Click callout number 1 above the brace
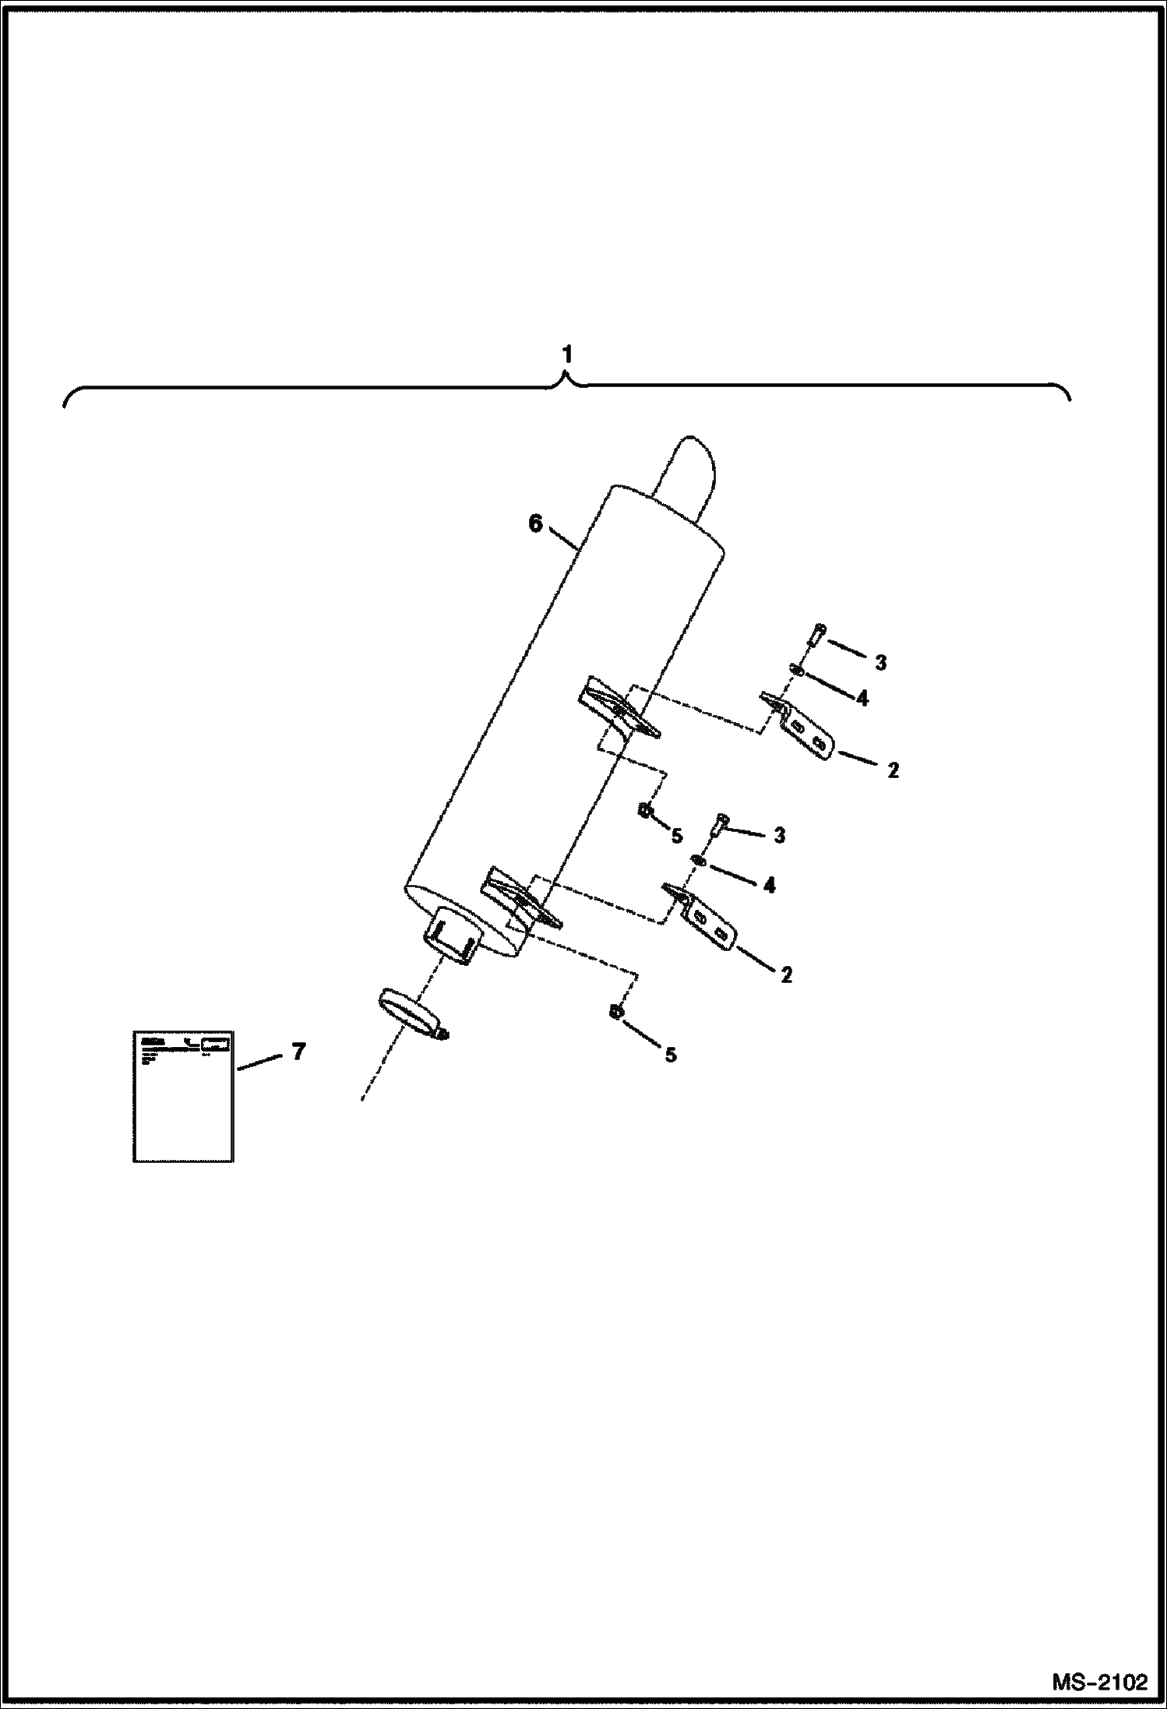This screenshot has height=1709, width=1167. [x=567, y=355]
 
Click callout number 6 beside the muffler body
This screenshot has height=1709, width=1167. [x=535, y=524]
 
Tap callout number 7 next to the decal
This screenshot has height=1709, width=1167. [x=298, y=1052]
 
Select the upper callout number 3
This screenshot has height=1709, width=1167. [x=880, y=663]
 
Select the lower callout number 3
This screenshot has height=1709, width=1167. [x=779, y=836]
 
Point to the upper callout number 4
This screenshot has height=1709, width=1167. [x=862, y=698]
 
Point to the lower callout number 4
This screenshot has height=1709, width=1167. [x=769, y=886]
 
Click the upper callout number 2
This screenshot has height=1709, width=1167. [x=893, y=770]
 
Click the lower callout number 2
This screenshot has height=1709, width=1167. [x=786, y=974]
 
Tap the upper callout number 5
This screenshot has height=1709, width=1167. [x=676, y=836]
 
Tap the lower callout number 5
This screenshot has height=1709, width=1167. [x=670, y=1055]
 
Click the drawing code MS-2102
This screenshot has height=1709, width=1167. [x=1100, y=1682]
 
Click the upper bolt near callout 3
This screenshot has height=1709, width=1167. [x=815, y=636]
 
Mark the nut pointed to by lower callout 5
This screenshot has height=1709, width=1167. [x=615, y=1012]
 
